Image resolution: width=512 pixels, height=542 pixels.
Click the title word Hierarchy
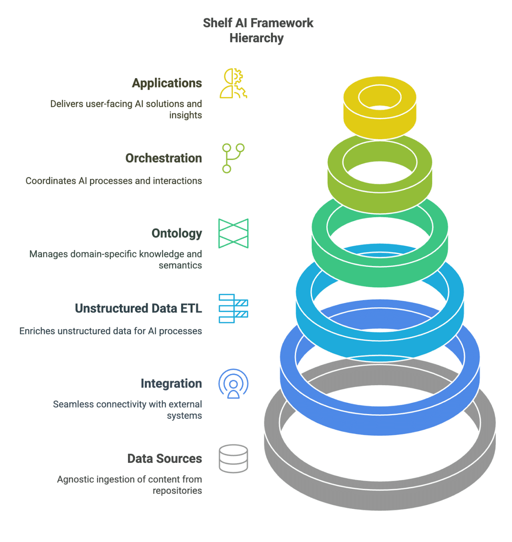256,38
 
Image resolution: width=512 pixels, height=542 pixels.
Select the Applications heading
167,83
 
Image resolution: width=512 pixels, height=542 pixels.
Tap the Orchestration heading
164,158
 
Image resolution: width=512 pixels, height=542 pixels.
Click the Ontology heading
176,233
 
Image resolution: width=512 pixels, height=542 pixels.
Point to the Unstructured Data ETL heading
138,308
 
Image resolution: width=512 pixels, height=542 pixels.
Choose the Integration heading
171,383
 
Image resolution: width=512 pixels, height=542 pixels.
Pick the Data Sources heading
164,458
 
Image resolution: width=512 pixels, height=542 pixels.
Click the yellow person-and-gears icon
233,83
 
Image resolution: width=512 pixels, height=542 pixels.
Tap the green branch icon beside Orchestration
233,158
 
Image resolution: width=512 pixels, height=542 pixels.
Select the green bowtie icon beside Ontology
233,233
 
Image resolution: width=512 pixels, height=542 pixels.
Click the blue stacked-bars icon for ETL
233,308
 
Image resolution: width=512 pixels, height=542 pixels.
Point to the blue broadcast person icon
233,384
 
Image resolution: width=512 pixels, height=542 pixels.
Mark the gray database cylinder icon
233,458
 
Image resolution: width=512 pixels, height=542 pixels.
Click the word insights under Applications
185,115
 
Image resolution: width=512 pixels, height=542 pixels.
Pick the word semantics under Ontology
180,265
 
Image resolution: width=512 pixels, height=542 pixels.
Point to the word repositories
177,491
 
